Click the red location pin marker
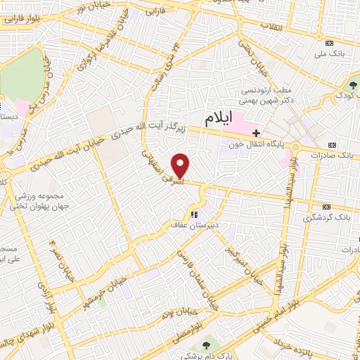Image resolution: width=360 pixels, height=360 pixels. (x=181, y=165)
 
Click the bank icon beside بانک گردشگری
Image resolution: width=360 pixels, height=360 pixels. (x=326, y=207)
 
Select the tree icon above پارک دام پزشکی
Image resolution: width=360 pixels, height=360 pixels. (x=205, y=345)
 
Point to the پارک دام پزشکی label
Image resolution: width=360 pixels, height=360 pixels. (x=205, y=355)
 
